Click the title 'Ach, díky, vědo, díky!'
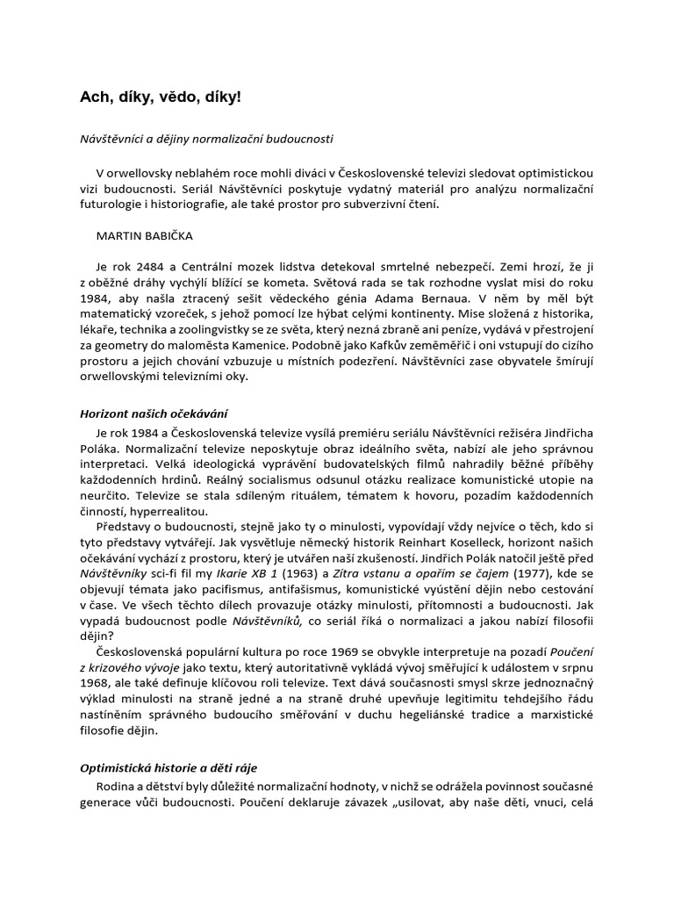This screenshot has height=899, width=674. click(160, 97)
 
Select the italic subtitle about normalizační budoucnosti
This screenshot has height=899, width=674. click(207, 139)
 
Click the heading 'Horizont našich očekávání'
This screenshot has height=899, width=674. click(154, 412)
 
